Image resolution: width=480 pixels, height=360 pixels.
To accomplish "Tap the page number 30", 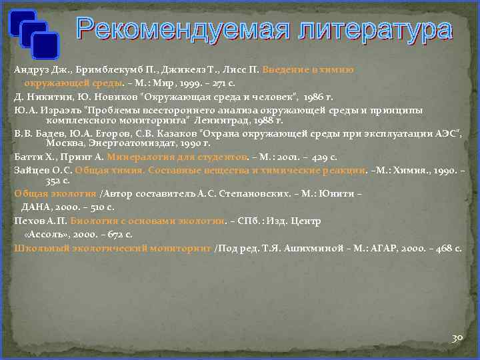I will [x=457, y=338].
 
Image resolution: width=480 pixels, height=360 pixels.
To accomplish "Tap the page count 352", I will [x=55, y=181].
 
